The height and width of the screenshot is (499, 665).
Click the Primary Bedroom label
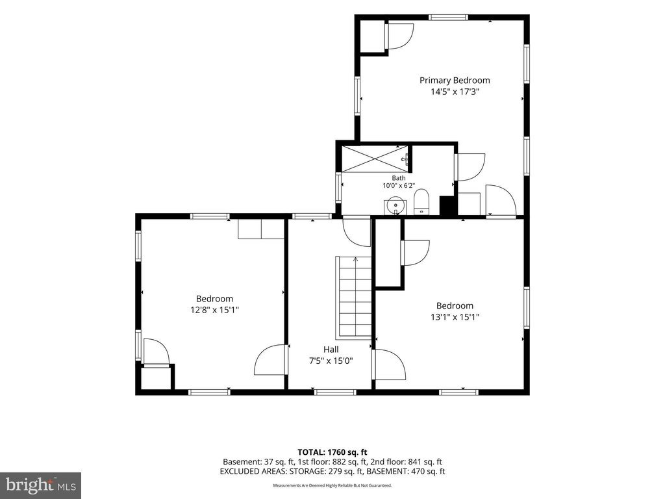(x=455, y=80)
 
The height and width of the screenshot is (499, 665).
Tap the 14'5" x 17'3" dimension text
(x=455, y=91)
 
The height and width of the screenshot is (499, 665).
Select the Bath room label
(x=398, y=178)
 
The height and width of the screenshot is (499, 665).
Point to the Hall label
(x=331, y=349)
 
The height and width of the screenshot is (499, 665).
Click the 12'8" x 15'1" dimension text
(x=214, y=310)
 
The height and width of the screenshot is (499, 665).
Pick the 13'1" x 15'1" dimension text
(x=455, y=316)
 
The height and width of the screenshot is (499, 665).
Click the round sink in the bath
(x=395, y=206)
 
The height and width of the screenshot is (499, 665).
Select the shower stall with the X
(x=377, y=159)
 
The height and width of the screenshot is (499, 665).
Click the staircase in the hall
(x=354, y=297)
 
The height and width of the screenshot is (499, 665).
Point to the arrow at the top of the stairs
(x=355, y=259)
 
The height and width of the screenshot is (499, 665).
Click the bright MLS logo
(x=41, y=485)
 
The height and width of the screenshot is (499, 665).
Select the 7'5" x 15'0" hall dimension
(x=331, y=361)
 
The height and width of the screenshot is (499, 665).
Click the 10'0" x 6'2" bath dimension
(x=398, y=185)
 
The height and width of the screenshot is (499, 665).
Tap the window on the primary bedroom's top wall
(x=448, y=18)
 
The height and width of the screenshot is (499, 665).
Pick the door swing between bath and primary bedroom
(x=470, y=167)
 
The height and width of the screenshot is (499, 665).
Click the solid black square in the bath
(x=447, y=206)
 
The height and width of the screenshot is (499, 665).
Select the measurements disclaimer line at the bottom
(x=332, y=485)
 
